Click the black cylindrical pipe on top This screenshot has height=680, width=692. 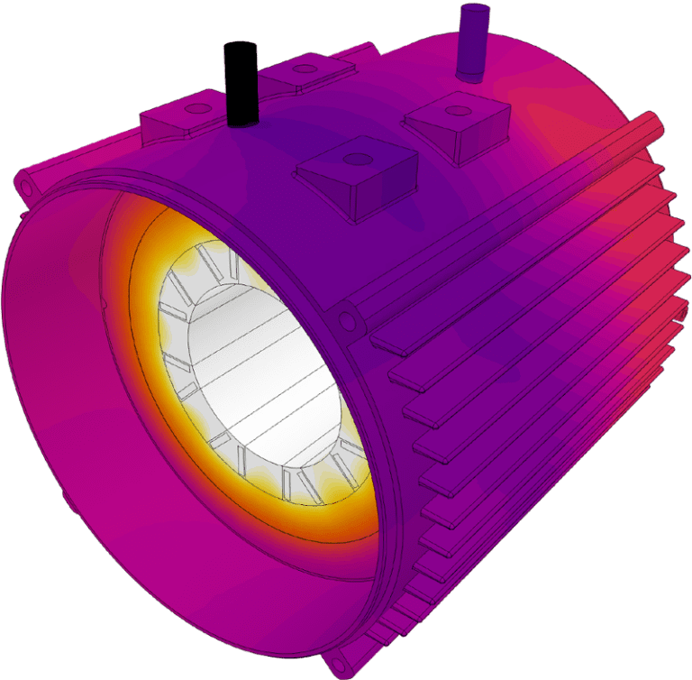tap(241, 83)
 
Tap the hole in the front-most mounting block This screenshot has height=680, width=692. tap(358, 159)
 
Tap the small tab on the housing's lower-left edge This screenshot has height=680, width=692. tap(64, 498)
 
